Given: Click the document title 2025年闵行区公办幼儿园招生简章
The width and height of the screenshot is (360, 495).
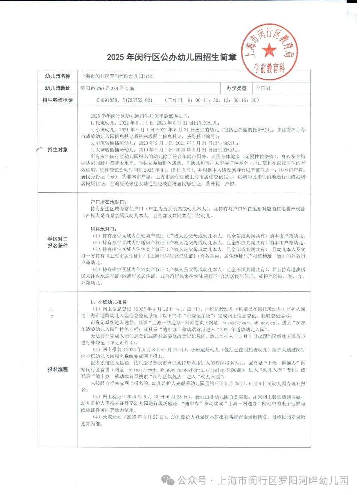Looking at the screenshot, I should pos(172,57).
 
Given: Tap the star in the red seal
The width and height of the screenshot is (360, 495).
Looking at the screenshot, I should pos(269,50).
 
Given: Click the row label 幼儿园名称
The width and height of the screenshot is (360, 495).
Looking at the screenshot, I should pos(58,76).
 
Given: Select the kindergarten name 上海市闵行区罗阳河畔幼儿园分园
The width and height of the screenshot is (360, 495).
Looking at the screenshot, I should pos(117,76).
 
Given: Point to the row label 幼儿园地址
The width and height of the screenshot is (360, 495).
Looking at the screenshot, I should pos(58,88).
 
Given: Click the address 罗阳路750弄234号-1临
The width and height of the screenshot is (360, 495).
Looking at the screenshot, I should pos(107,88).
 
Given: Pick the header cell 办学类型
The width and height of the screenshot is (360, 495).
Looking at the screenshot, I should pos(236,88).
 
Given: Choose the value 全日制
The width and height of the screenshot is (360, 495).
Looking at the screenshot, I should pos(263,88).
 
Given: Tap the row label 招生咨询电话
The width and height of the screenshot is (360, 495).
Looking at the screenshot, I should pos(58,100).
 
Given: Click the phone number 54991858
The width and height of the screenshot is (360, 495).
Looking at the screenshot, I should pos(107,100).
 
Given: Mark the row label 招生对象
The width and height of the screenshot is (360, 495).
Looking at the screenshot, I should pos(58,150).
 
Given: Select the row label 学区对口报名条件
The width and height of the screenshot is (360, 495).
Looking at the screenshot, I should pos(58,242).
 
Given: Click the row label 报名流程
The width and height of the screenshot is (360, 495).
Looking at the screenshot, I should pos(58,369).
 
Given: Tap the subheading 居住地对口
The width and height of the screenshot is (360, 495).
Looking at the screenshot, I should pos(104,229).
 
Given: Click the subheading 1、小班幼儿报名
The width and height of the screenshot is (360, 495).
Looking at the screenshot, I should pos(109,302).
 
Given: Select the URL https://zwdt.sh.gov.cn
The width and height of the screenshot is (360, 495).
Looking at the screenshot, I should pos(249,323).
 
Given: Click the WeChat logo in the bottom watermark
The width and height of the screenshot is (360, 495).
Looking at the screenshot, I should pos(168,481).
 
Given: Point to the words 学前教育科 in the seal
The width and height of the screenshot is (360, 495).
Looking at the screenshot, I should pos(270,68).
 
